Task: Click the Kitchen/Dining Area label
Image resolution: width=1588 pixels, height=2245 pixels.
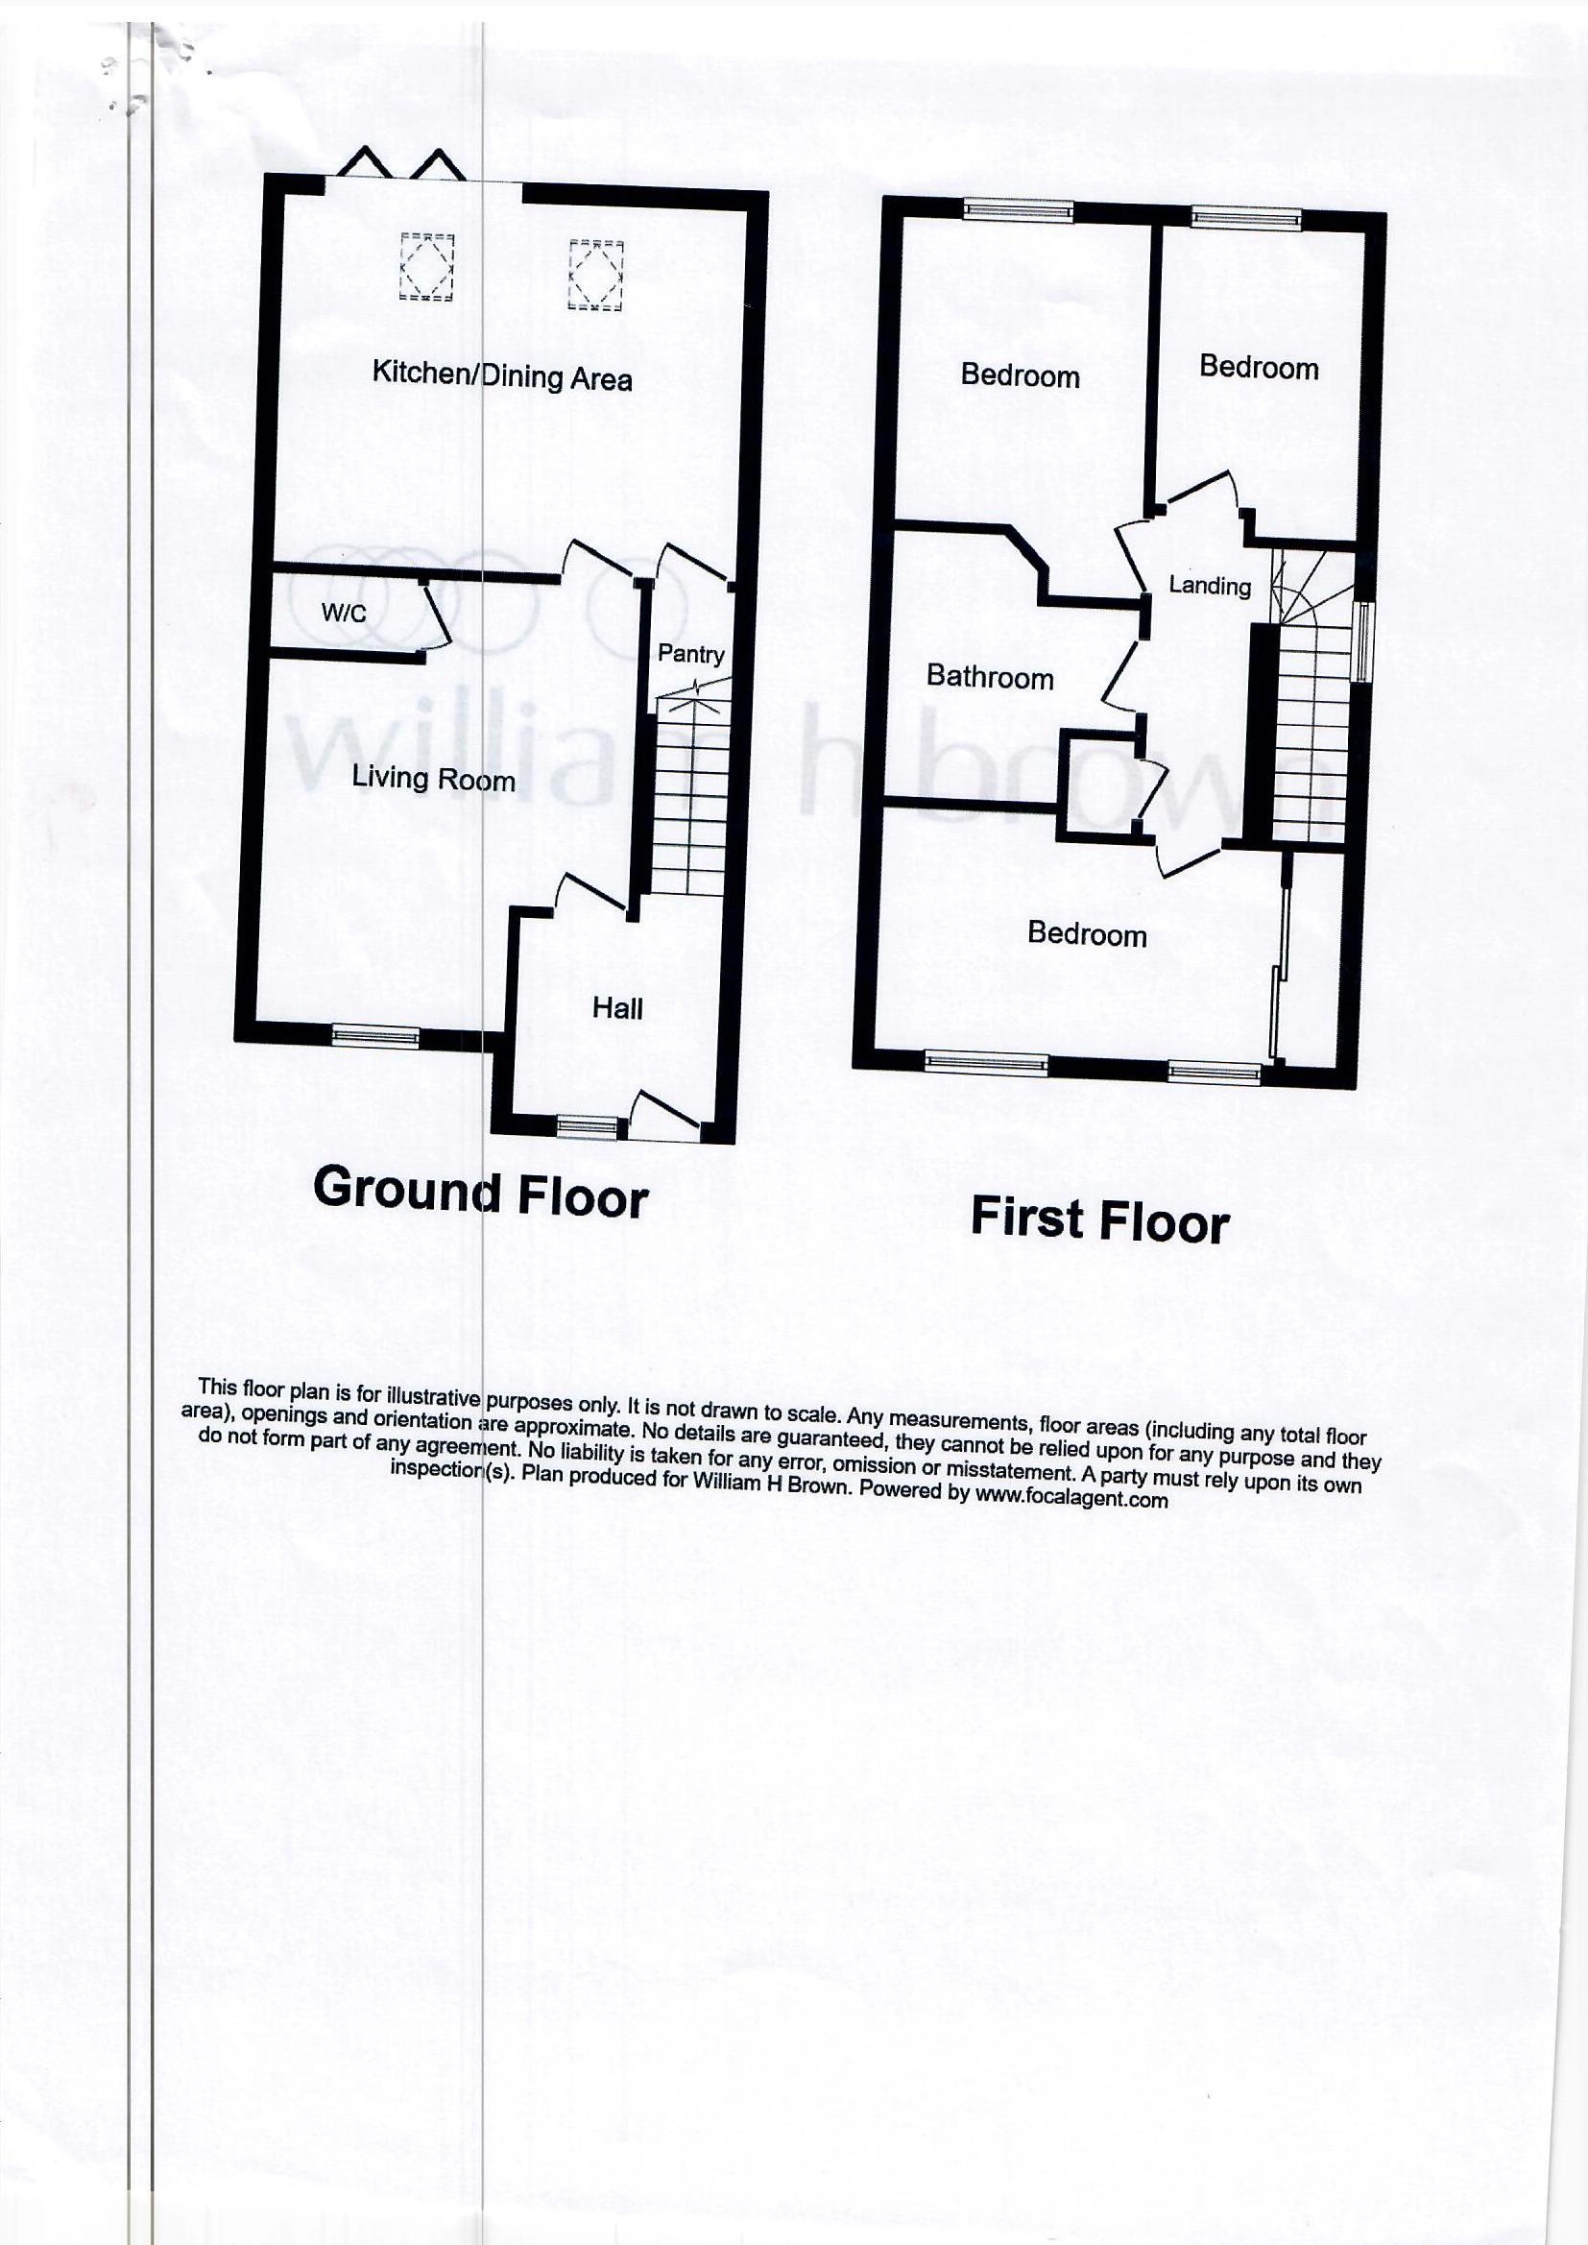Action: pyautogui.click(x=501, y=375)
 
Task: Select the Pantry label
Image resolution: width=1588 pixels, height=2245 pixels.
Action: pyautogui.click(x=690, y=653)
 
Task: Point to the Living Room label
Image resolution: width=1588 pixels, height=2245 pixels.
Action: pyautogui.click(x=432, y=779)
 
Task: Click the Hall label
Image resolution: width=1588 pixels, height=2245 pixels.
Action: pyautogui.click(x=617, y=1008)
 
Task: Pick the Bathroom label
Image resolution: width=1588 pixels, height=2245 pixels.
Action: pyautogui.click(x=990, y=677)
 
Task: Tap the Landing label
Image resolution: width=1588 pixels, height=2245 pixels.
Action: pyautogui.click(x=1210, y=586)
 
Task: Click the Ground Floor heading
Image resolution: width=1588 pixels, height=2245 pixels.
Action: pyautogui.click(x=480, y=1193)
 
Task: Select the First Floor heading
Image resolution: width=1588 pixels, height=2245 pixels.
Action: pyautogui.click(x=1100, y=1220)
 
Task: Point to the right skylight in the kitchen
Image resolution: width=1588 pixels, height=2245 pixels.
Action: pyautogui.click(x=596, y=274)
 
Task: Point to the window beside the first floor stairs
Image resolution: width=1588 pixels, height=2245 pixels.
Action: pyautogui.click(x=1362, y=640)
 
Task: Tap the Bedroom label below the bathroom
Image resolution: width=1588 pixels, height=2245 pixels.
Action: pyautogui.click(x=1087, y=933)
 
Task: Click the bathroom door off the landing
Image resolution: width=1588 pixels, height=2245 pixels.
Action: pyautogui.click(x=1122, y=675)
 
